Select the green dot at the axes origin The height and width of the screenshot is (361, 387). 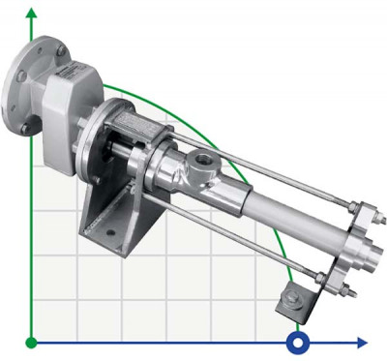tap(32, 342)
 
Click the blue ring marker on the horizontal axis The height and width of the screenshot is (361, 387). tap(299, 342)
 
